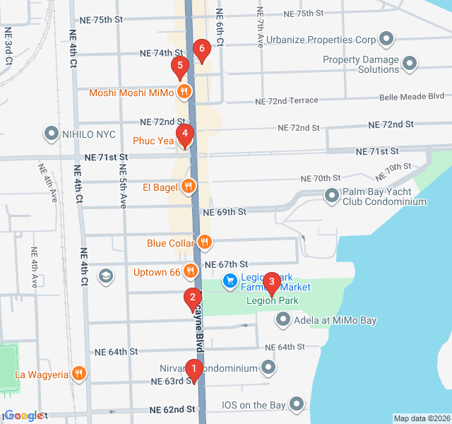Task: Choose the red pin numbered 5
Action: [x=179, y=68]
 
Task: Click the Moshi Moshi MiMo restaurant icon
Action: [x=184, y=91]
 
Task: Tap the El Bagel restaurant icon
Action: [x=189, y=187]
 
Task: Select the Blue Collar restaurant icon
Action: [x=204, y=242]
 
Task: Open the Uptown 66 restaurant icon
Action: [x=190, y=271]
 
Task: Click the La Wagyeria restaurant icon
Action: [x=79, y=374]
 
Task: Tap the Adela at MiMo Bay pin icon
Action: [x=283, y=320]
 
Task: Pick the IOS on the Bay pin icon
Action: [x=297, y=405]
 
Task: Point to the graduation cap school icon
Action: [x=106, y=275]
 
